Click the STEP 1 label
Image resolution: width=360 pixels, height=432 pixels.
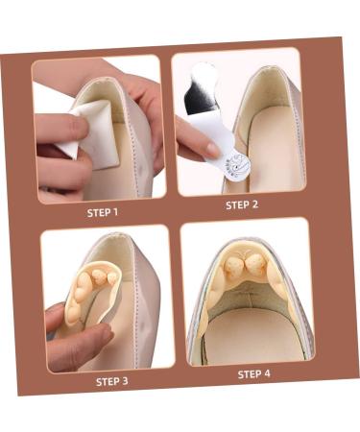[102, 213]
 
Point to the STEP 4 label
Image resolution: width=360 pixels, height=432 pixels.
[253, 373]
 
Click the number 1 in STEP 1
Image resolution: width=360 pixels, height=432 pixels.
[116, 213]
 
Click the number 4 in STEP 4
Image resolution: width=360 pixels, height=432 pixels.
[268, 372]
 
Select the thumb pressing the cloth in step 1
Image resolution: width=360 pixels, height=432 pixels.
[62, 129]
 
